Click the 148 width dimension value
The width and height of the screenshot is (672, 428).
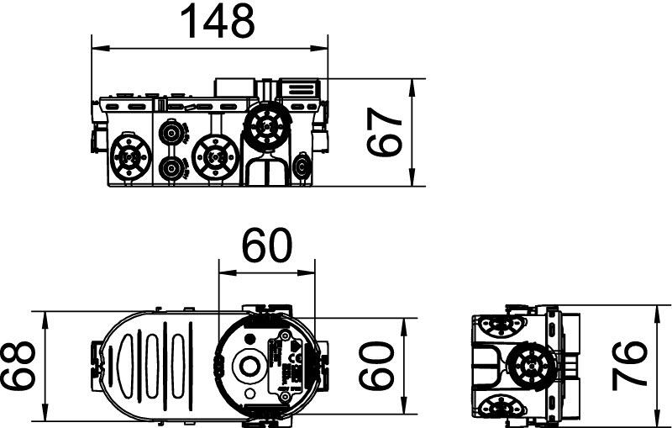pyautogui.click(x=218, y=20)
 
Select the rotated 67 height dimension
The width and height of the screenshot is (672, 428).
pyautogui.click(x=385, y=132)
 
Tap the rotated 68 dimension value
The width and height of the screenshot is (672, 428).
pyautogui.click(x=17, y=366)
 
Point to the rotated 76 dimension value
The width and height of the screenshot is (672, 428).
pyautogui.click(x=628, y=366)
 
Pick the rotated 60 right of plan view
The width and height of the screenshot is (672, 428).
pyautogui.click(x=376, y=366)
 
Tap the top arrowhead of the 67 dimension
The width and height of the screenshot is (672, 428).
pyautogui.click(x=412, y=88)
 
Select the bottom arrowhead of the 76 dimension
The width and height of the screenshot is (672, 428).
pyautogui.click(x=659, y=412)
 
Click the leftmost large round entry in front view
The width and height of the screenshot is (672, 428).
pyautogui.click(x=131, y=157)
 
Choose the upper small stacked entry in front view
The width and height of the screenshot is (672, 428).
pyautogui.click(x=171, y=133)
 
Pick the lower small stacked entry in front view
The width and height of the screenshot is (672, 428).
pyautogui.click(x=171, y=168)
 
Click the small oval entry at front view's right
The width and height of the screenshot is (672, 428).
pyautogui.click(x=302, y=166)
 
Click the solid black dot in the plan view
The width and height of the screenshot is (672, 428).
pyautogui.click(x=249, y=339)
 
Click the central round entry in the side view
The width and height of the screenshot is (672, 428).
pyautogui.click(x=531, y=365)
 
